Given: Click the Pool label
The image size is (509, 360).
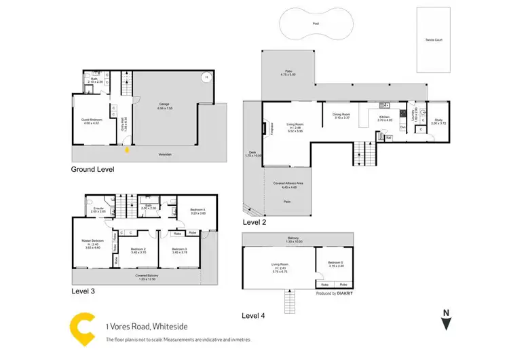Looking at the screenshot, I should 316,23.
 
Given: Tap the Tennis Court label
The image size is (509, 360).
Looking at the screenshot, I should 432,39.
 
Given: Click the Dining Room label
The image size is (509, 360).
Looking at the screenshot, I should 341,115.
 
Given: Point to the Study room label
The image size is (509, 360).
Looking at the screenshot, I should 438,121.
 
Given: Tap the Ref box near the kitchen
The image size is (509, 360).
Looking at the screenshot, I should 388,138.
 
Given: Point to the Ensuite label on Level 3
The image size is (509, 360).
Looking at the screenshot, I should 99,209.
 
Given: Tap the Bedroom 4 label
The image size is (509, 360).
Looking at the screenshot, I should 197,211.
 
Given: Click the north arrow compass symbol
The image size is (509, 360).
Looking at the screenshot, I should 445,320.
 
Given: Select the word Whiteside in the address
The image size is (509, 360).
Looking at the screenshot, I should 154,325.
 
